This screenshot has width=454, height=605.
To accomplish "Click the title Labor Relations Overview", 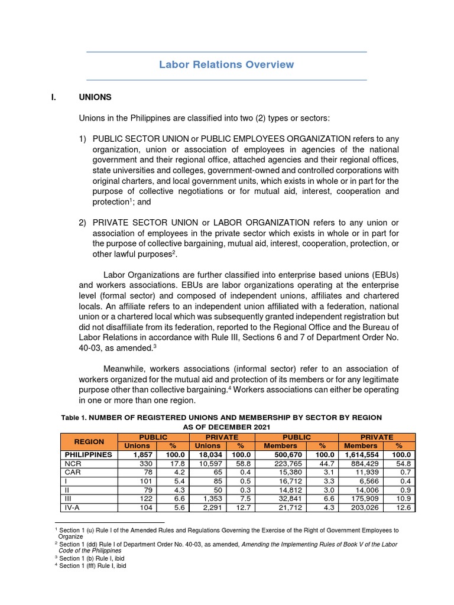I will click(226, 64).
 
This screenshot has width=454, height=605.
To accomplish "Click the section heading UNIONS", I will click(95, 97).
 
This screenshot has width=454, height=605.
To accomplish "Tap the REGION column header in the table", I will click(89, 441).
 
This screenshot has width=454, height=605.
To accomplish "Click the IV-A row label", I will click(72, 508).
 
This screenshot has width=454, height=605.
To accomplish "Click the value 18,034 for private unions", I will click(209, 455).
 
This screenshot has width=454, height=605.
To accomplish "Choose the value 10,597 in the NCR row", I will click(209, 464).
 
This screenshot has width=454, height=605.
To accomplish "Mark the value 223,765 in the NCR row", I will click(290, 464).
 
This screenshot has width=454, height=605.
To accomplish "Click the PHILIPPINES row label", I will click(87, 455).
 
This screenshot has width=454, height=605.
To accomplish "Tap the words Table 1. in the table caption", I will click(75, 418).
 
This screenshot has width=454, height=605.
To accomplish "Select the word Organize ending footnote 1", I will click(70, 536).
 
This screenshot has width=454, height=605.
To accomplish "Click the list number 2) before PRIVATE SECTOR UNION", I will click(83, 222).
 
